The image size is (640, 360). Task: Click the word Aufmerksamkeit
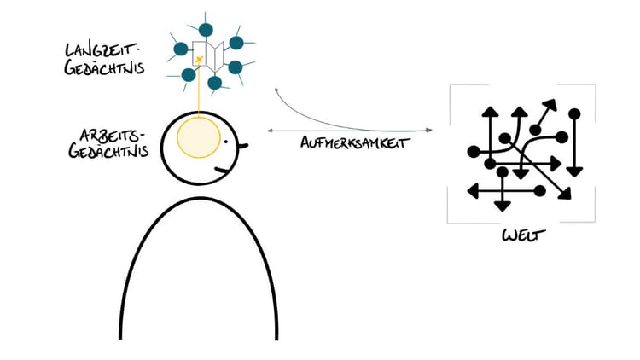tap(355, 142)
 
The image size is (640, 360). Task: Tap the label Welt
tap(524, 236)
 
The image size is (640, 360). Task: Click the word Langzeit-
tap(102, 51)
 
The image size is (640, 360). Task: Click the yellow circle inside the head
tap(199, 137)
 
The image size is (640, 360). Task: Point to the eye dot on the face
tap(226, 142)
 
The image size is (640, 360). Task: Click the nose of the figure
tap(243, 146)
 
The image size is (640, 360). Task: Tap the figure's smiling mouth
tap(224, 171)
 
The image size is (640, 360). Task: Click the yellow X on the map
tap(199, 60)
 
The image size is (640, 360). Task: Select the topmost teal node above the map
tap(206, 30)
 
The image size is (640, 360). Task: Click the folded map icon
tap(208, 55)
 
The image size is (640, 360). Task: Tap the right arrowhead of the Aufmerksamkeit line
tap(428, 131)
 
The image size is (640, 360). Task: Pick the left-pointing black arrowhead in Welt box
tap(473, 191)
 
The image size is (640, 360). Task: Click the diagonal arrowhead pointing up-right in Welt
tap(550, 104)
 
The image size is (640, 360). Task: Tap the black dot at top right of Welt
tap(574, 113)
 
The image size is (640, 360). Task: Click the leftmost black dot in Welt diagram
tap(474, 152)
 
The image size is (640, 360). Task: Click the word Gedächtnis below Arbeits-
tap(108, 151)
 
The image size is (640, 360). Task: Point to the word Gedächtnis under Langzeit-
tap(104, 67)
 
